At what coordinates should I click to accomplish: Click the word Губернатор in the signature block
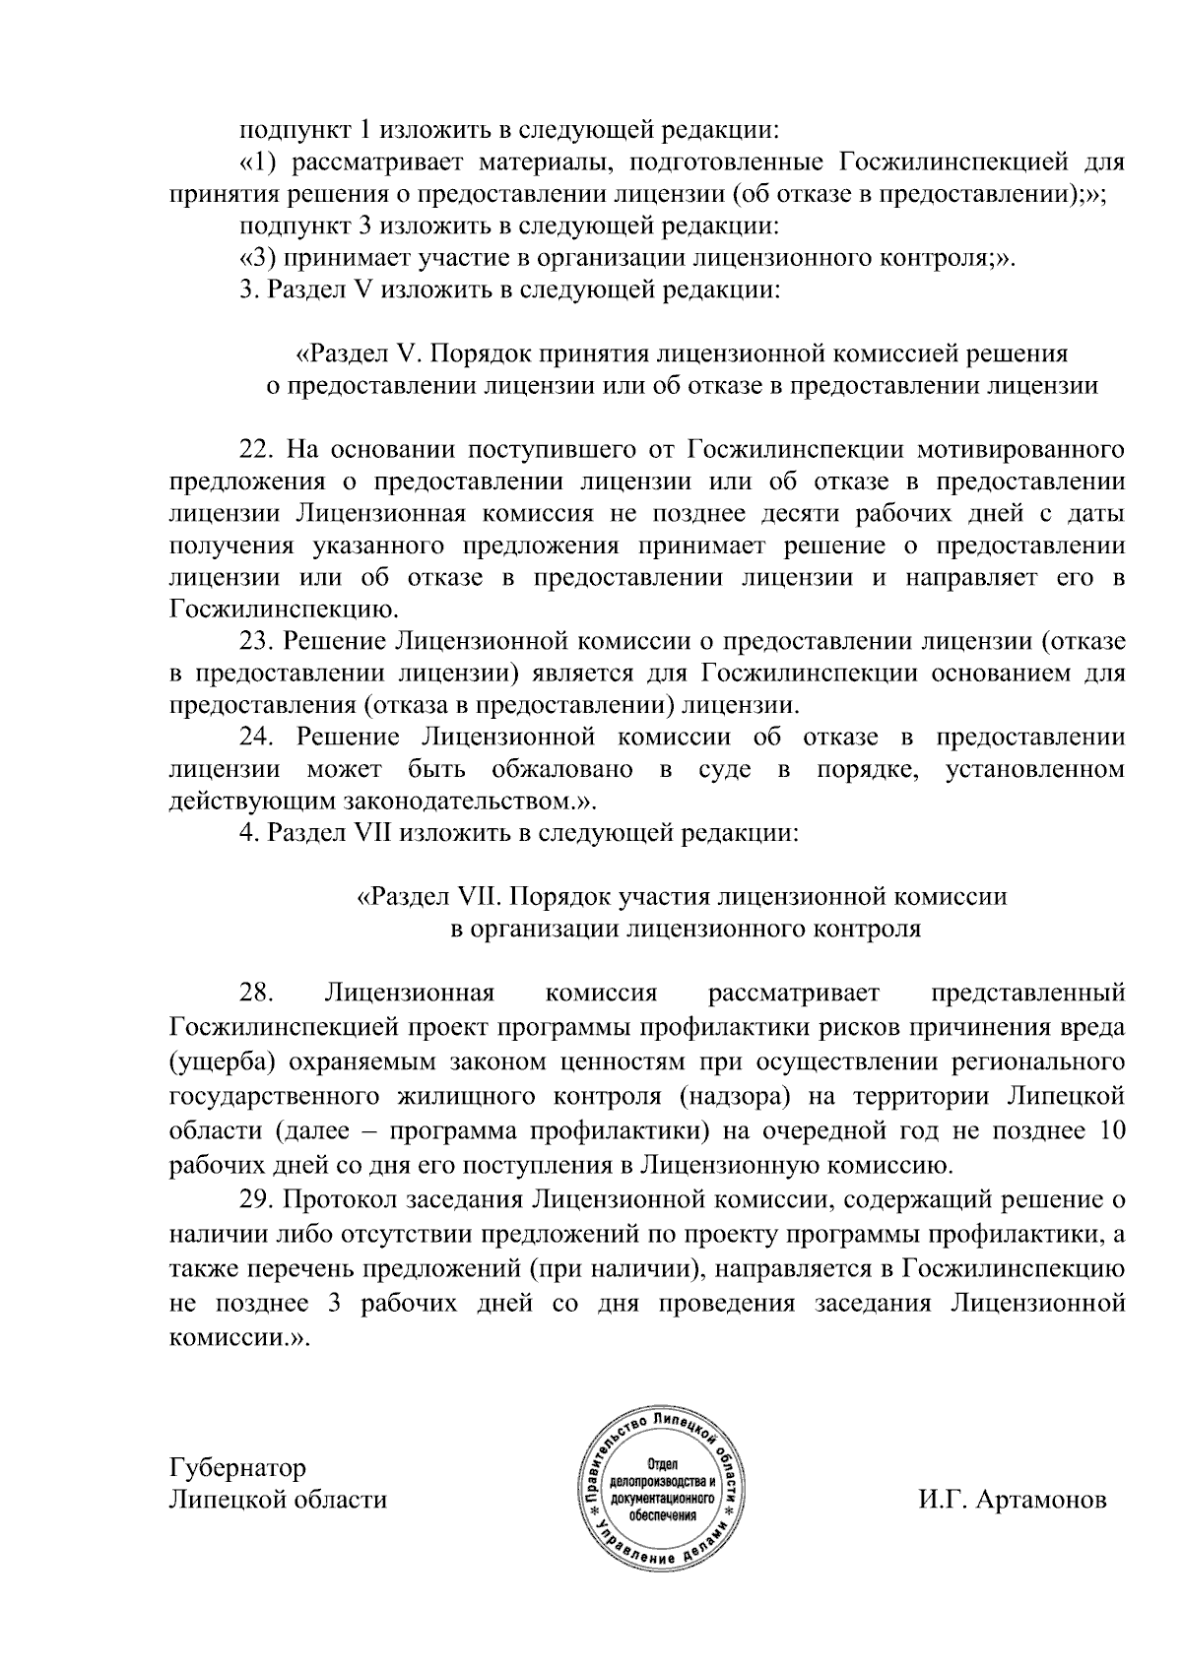(x=237, y=1468)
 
